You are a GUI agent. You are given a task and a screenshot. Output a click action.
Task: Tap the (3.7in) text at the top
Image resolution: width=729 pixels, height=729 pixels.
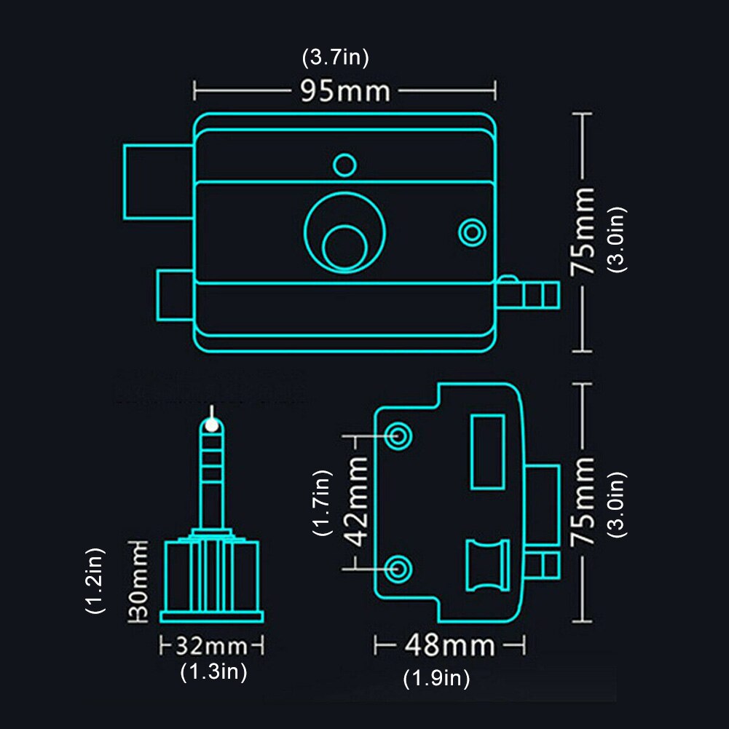coord(336,58)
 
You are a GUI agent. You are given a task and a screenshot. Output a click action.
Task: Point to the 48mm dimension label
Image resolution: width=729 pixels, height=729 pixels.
coord(450,645)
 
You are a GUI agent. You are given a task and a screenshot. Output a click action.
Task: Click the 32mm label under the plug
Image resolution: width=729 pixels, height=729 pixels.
coord(211,646)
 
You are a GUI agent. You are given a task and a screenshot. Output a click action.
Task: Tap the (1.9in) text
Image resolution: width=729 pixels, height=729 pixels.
coord(437,679)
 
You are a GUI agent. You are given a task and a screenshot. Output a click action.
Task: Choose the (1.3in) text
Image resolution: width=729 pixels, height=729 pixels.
coord(214,672)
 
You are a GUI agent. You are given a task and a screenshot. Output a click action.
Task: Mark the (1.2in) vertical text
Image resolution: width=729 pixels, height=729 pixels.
coord(96,581)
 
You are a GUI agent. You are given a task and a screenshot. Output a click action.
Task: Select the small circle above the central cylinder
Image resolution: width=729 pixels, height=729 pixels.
coord(344,164)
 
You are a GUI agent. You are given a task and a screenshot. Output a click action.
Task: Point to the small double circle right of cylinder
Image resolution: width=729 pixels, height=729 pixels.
coord(472,232)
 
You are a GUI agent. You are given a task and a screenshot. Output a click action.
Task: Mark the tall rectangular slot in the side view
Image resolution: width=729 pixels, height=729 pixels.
coord(487,452)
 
